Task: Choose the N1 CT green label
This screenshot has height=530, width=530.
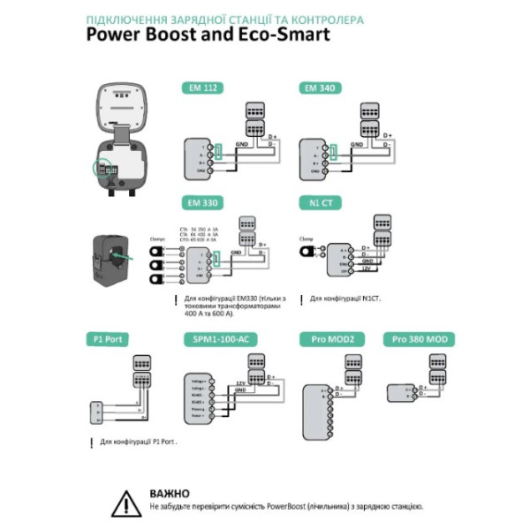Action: coord(315,202)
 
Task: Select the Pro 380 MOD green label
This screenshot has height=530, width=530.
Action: coord(419,339)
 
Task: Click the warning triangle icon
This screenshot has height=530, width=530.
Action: coord(126,502)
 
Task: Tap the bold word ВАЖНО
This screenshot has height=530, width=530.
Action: coord(170,492)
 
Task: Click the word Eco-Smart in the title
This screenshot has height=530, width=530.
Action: coord(278,35)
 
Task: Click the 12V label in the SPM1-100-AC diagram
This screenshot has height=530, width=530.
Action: coord(239,382)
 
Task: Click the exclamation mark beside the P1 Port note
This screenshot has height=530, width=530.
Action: coord(91,440)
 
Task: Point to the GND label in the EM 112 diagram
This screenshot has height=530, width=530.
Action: coord(241,144)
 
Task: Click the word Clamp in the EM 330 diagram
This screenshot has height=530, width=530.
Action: coord(158,238)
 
